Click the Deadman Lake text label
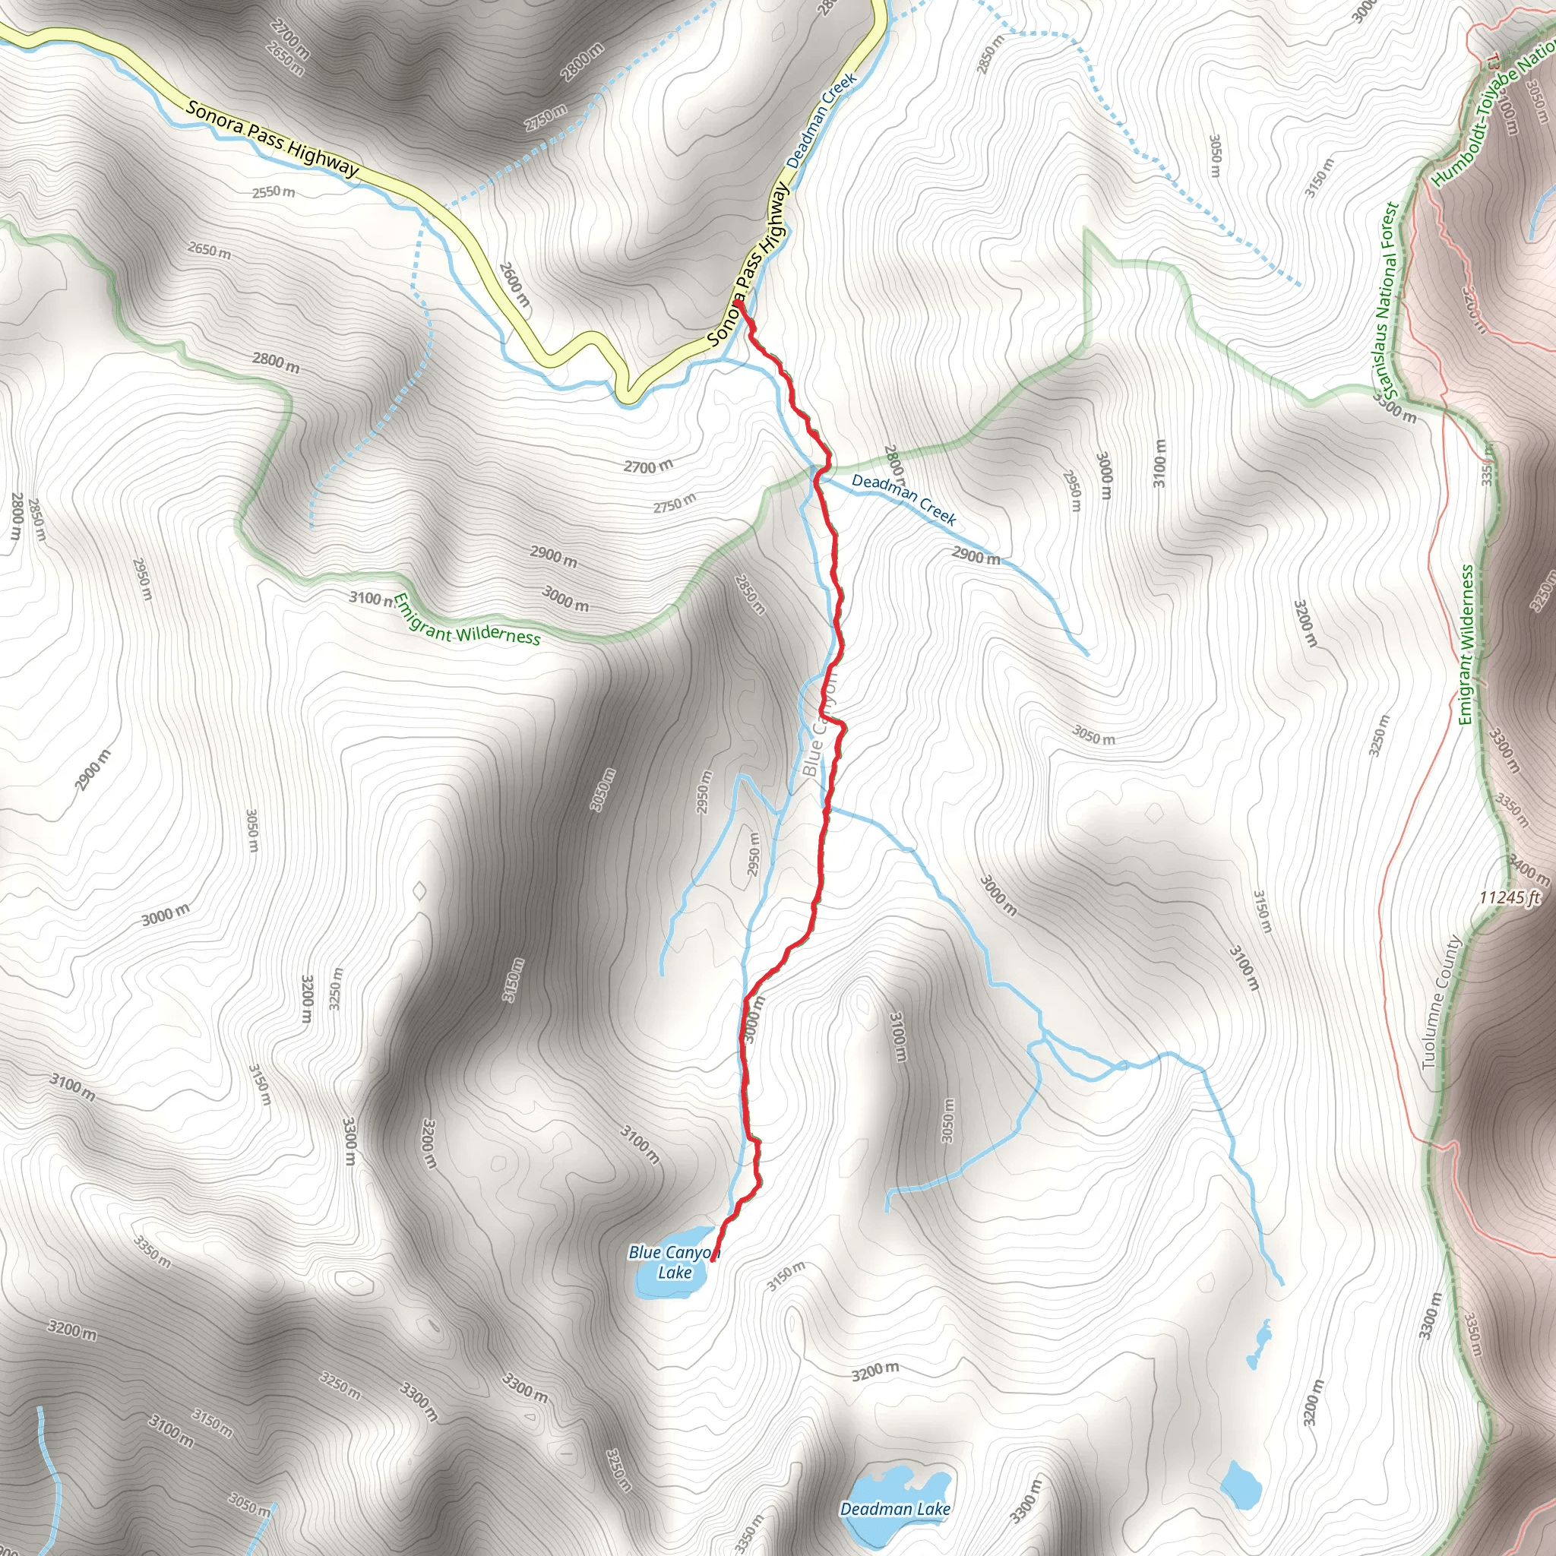(895, 1508)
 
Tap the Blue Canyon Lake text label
(673, 1262)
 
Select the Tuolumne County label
(1431, 1002)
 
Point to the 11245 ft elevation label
(1510, 897)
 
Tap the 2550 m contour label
(274, 191)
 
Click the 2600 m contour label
(514, 283)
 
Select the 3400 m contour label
(1529, 870)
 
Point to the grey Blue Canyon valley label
(819, 725)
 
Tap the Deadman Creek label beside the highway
(821, 121)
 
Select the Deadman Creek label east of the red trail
(903, 499)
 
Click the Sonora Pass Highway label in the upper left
(271, 138)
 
